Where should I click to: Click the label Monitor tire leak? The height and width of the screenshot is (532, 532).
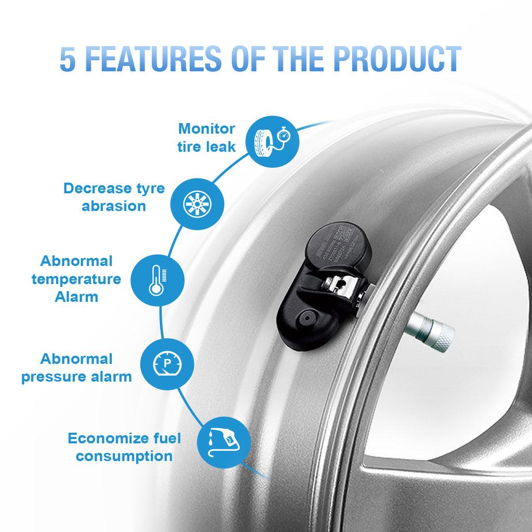pyautogui.click(x=207, y=138)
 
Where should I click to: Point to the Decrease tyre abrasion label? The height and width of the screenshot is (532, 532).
pyautogui.click(x=114, y=196)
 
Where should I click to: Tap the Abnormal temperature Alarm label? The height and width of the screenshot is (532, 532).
pyautogui.click(x=76, y=278)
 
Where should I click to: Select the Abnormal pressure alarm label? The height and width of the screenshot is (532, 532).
pyautogui.click(x=76, y=367)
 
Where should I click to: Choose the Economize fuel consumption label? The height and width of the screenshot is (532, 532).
pyautogui.click(x=125, y=447)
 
